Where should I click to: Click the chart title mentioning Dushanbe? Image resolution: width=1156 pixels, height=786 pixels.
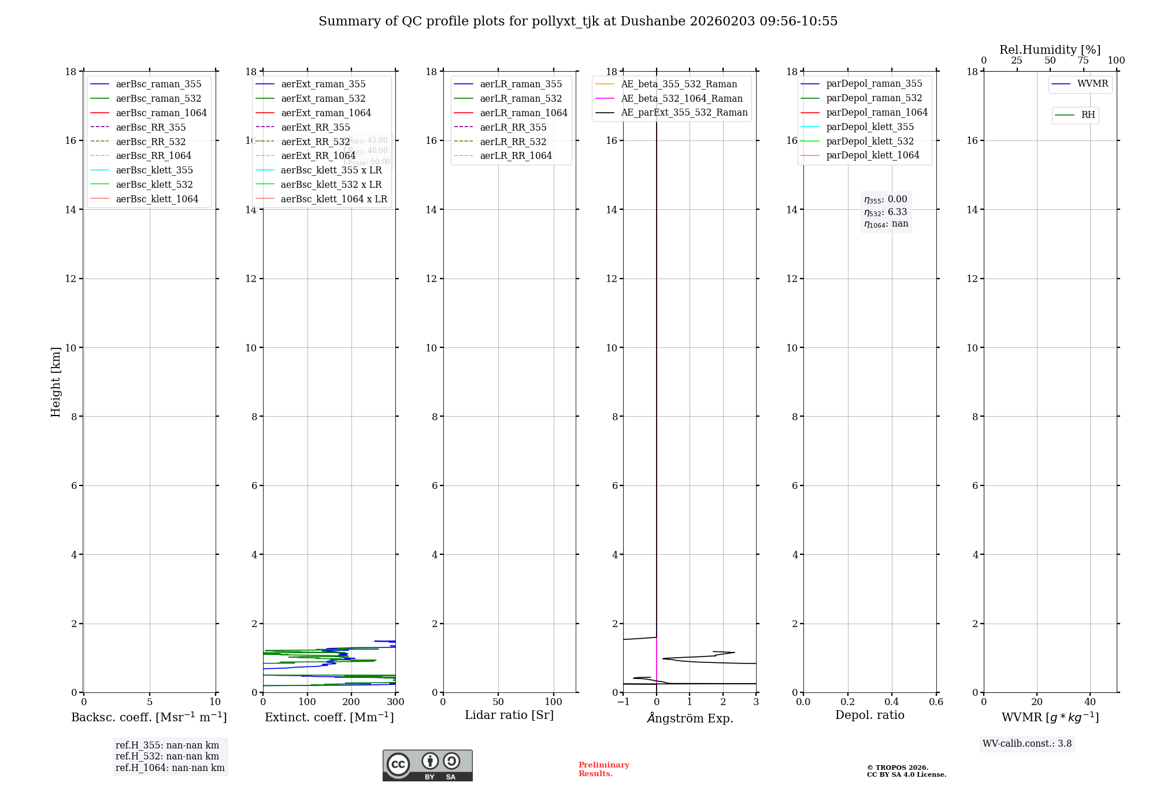pos(578,21)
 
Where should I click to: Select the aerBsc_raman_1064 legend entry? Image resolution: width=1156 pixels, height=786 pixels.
pos(161,113)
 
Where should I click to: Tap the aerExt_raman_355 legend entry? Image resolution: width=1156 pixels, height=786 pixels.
pos(323,84)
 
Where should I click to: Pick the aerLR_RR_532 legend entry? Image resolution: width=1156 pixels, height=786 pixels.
pos(513,142)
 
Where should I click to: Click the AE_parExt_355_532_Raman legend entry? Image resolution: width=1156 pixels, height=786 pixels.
pos(684,113)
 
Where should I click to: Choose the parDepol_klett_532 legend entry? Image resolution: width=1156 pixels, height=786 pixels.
pos(870,141)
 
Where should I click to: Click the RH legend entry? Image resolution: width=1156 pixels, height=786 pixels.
pos(1088,115)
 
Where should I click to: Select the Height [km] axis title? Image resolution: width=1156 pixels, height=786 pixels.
pos(55,381)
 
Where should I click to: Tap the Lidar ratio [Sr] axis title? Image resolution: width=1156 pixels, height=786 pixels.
pos(509,715)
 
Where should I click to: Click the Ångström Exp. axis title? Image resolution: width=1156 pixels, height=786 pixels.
pos(690,718)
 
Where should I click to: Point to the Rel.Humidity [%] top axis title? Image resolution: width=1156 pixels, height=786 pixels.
pos(1050,50)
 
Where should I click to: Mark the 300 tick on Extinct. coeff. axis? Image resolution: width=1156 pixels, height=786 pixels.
pos(396,702)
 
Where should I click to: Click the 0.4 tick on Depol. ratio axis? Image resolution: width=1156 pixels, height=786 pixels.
pos(892,702)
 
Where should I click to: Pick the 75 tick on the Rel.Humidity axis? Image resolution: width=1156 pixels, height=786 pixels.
pos(1083,61)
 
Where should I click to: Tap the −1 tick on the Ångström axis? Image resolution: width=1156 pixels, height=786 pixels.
pos(623,702)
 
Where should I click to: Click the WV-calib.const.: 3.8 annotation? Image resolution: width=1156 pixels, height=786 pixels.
pos(1027,743)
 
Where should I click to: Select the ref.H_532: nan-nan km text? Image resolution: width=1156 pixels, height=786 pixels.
pos(167,756)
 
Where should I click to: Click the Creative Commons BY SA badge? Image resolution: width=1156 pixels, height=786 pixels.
pos(427,765)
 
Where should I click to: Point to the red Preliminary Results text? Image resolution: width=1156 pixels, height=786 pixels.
pos(603,769)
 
